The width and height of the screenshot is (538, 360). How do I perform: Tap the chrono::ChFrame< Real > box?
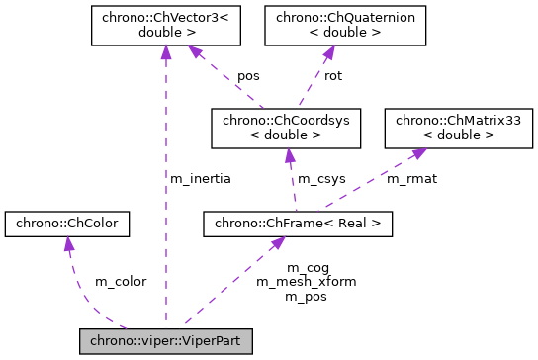[x=298, y=225]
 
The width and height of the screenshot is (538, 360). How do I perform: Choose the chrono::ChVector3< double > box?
[x=165, y=25]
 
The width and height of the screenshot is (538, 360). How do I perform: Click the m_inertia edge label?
[x=200, y=179]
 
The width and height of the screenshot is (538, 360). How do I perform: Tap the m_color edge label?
[x=121, y=282]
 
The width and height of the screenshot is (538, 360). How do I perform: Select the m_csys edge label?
[x=321, y=179]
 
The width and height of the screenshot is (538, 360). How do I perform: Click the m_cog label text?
[x=307, y=267]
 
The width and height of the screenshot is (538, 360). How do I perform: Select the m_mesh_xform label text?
[x=307, y=281]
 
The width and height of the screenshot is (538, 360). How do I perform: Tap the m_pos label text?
[x=307, y=295]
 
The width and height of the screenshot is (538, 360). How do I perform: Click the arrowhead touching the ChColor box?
[x=67, y=243]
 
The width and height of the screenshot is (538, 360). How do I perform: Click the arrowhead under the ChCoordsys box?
[x=288, y=153]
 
